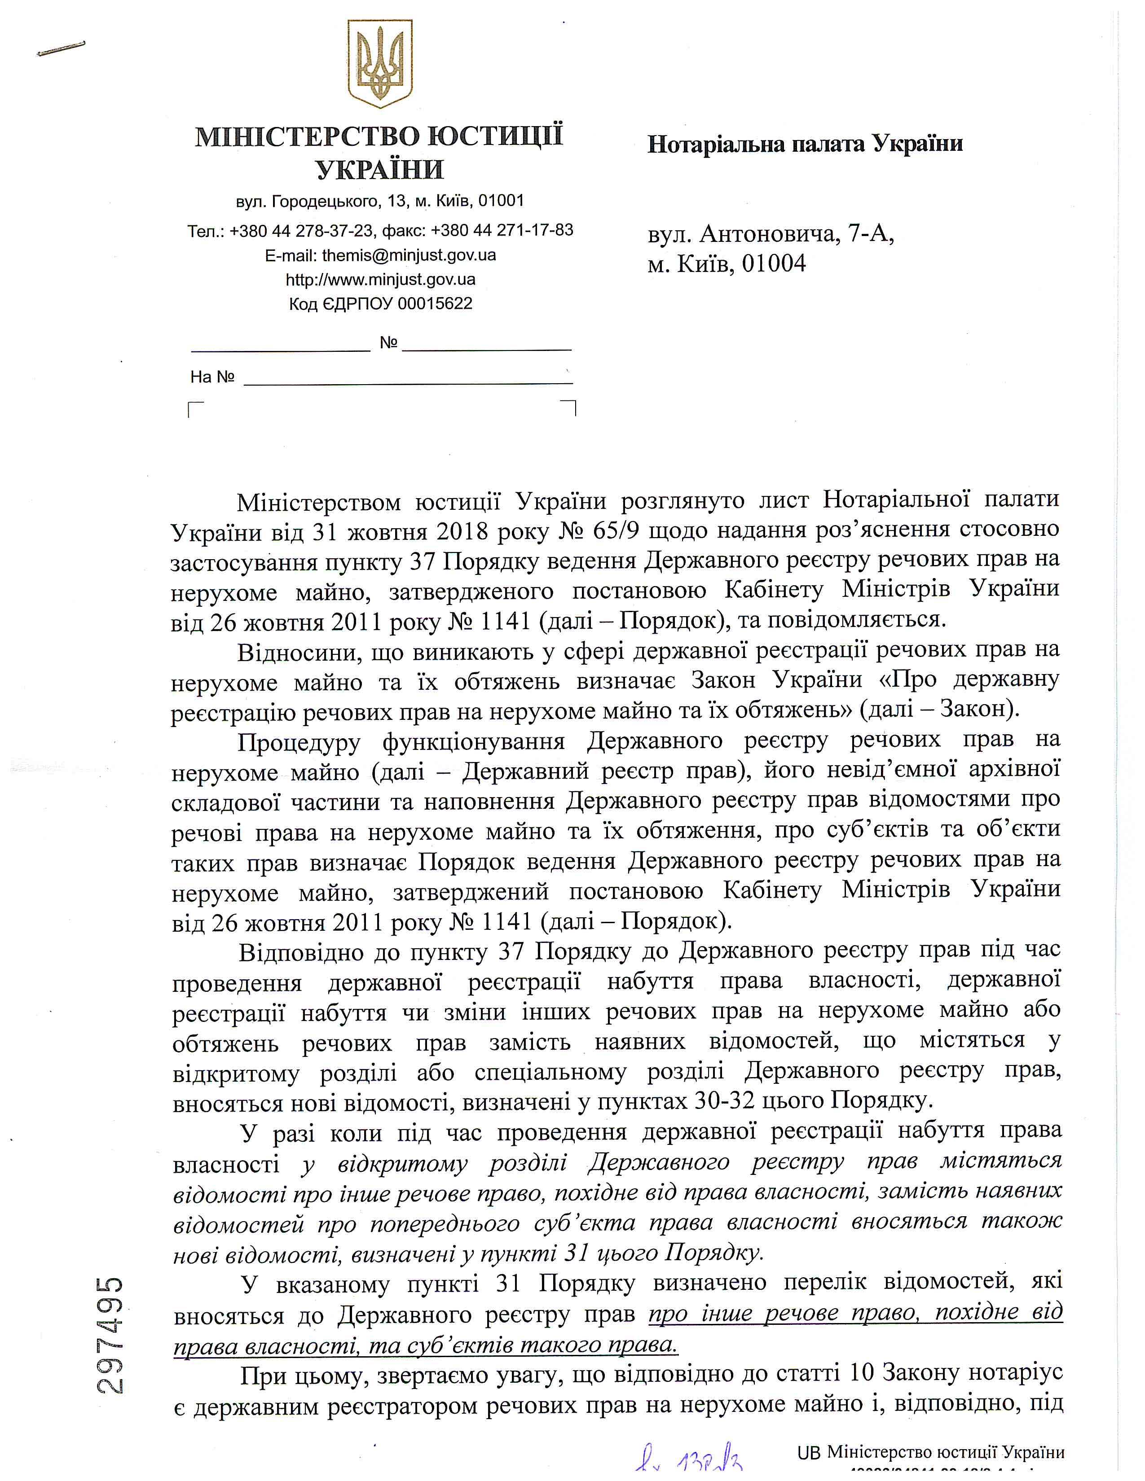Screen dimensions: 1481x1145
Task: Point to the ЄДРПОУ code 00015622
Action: coord(435,303)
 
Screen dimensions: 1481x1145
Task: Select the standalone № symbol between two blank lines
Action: coord(388,343)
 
